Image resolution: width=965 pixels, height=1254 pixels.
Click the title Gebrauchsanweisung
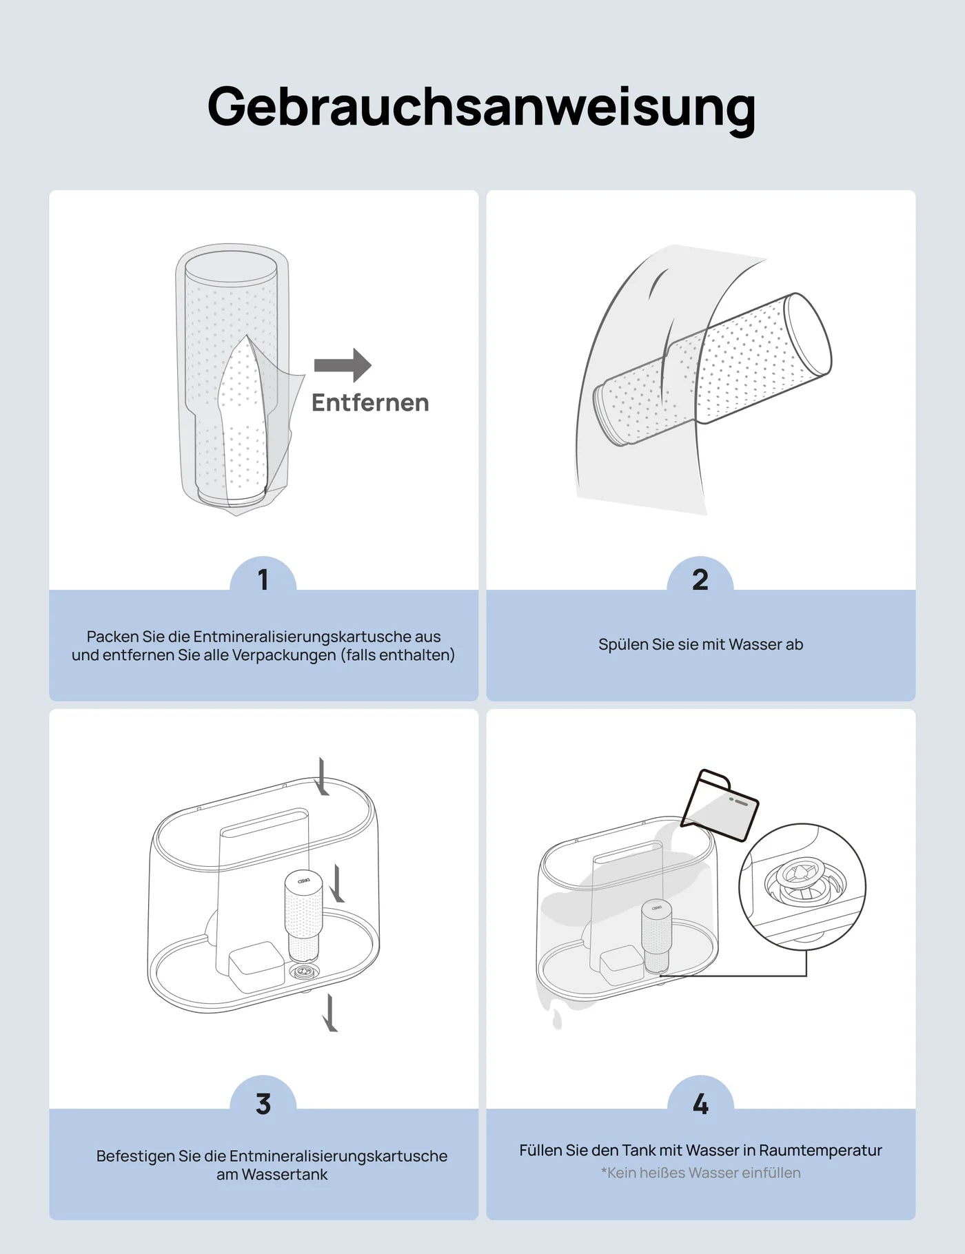[x=482, y=107]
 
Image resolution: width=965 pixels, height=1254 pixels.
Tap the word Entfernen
[x=370, y=402]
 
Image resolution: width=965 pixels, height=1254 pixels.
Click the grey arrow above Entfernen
[x=343, y=365]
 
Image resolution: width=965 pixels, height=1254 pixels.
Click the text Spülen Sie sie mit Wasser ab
[x=700, y=645]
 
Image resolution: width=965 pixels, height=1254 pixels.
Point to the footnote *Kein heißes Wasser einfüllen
[x=700, y=1173]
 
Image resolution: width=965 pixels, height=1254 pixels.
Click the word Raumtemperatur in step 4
[x=820, y=1150]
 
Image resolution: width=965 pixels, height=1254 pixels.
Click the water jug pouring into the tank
[x=720, y=805]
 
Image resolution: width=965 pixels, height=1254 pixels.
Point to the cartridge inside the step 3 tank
[x=303, y=916]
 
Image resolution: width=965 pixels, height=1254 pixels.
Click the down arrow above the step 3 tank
[x=322, y=776]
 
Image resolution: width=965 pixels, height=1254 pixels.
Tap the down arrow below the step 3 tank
[x=331, y=1013]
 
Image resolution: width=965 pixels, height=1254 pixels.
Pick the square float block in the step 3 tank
[x=256, y=966]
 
